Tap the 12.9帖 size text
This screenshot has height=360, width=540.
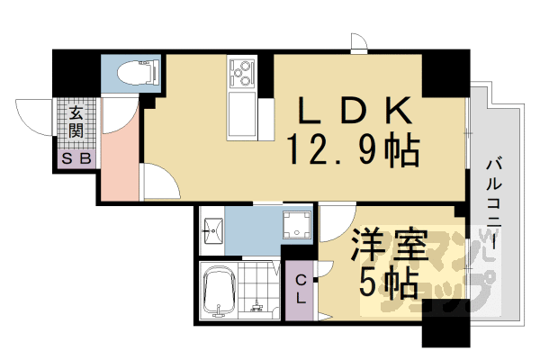pos(354,148)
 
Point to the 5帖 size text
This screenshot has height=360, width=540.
pos(390,283)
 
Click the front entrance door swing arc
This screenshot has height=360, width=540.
pos(36,112)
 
